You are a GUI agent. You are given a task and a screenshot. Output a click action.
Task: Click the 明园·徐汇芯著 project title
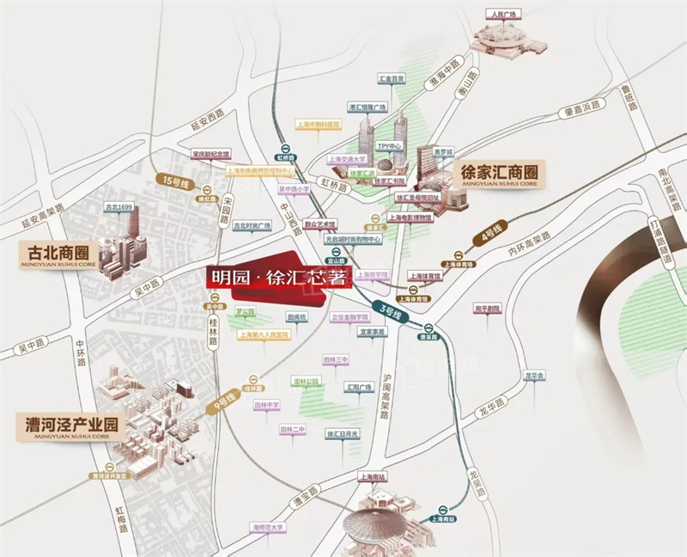[x=266, y=278]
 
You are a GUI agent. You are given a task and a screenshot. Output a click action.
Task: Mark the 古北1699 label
[x=119, y=207]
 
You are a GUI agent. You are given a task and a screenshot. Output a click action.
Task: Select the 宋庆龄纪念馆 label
[x=211, y=153]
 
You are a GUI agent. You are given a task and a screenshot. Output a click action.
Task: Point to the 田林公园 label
[x=307, y=380]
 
